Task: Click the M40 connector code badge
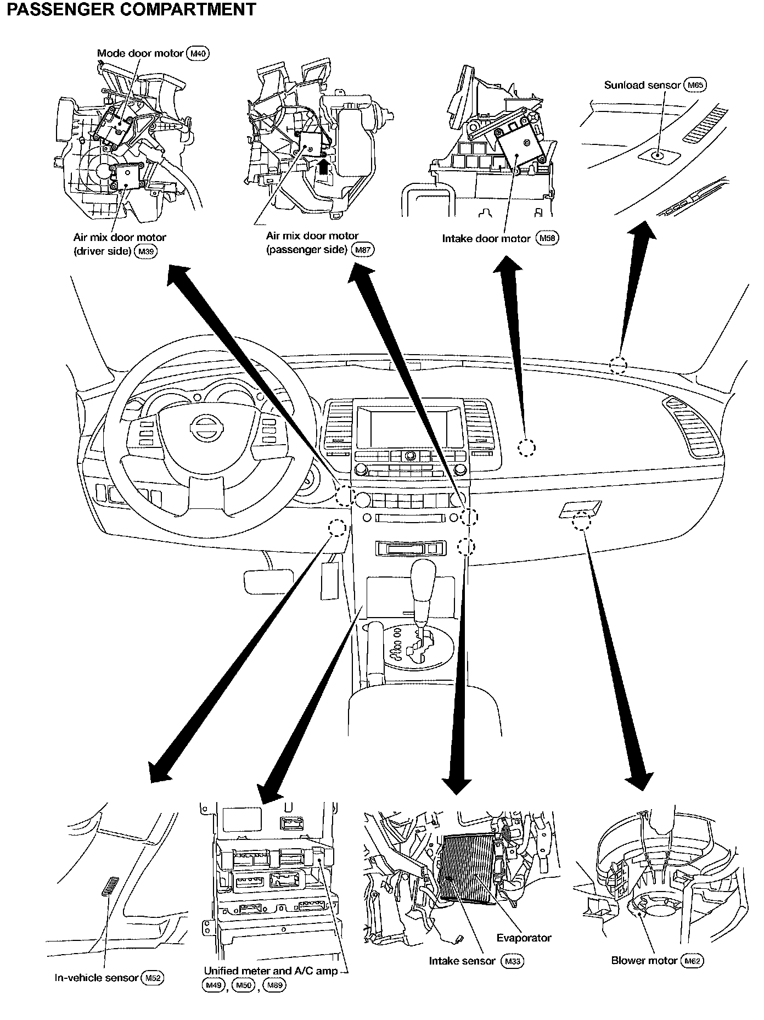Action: [199, 53]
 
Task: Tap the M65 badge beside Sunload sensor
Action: [695, 85]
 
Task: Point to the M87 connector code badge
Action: [363, 250]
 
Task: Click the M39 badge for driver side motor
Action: [145, 251]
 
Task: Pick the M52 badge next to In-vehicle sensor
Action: [152, 978]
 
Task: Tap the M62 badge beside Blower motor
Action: [692, 961]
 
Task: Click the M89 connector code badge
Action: [274, 985]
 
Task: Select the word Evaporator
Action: [524, 938]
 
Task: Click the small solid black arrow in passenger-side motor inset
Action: [324, 165]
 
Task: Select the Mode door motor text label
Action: [140, 53]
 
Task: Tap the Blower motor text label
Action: [644, 961]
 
